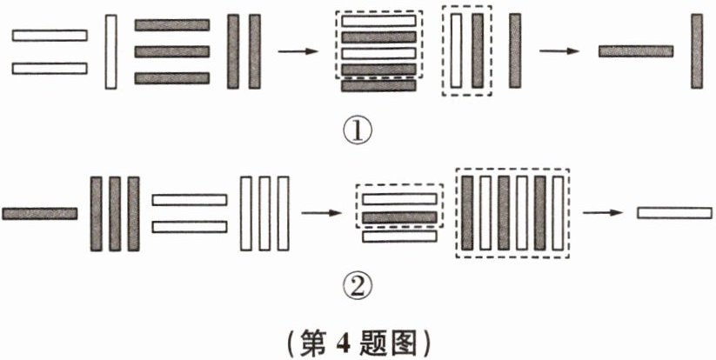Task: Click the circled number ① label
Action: [x=358, y=133]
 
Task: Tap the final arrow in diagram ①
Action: [x=559, y=51]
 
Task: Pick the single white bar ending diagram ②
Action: [x=674, y=212]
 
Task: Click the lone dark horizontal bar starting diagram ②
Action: [x=40, y=212]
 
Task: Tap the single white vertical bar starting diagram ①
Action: [x=110, y=51]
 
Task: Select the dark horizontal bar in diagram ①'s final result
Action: [x=636, y=51]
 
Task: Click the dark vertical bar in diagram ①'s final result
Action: [x=697, y=51]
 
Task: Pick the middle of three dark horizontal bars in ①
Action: [x=172, y=51]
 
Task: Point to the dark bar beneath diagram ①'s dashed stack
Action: [x=378, y=85]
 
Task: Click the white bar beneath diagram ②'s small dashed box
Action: [x=399, y=236]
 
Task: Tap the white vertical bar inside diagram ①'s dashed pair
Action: [x=457, y=51]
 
